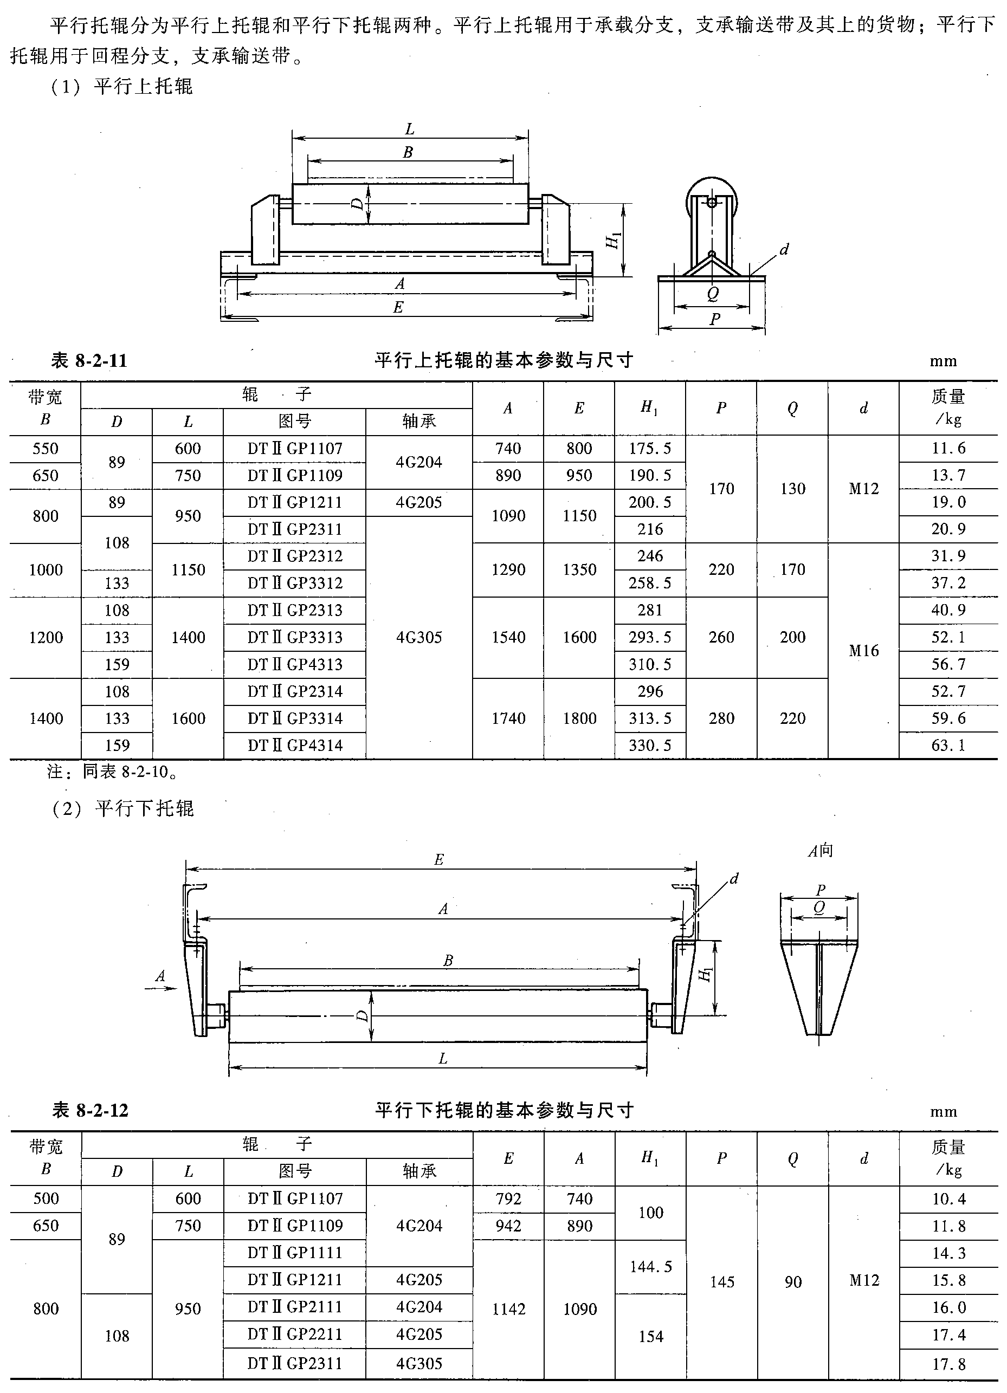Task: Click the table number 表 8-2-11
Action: tap(89, 360)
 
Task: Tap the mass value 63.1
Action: tap(948, 746)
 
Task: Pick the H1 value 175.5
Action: tap(649, 449)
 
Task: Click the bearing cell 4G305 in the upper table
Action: tap(419, 638)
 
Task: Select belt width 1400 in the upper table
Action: tap(46, 718)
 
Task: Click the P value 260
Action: tap(721, 638)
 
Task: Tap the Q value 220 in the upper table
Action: tap(792, 718)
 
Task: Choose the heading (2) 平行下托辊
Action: tap(123, 808)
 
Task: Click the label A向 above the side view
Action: tap(819, 851)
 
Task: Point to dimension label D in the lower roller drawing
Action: tap(363, 1016)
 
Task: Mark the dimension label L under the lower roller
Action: tap(443, 1058)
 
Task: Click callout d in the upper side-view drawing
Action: tap(784, 249)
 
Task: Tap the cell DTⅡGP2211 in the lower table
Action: tap(295, 1334)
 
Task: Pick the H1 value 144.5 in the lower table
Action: tap(651, 1266)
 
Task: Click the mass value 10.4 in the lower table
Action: tap(948, 1199)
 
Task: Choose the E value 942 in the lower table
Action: tap(509, 1226)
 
